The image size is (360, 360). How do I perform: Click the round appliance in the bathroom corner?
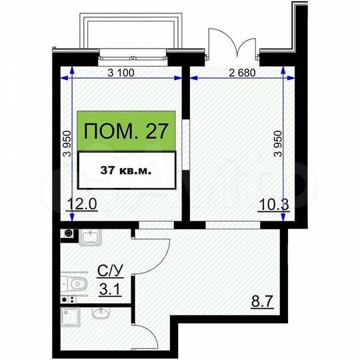[x=67, y=233]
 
